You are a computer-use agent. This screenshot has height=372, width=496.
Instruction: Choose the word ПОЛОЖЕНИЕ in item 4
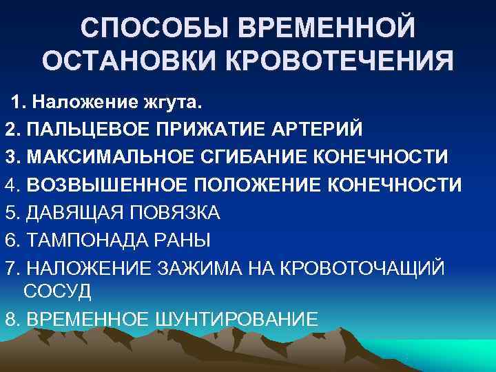click(x=254, y=185)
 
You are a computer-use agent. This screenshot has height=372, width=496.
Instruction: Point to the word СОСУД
click(x=57, y=291)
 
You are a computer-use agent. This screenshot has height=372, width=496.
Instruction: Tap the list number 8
click(x=11, y=319)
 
